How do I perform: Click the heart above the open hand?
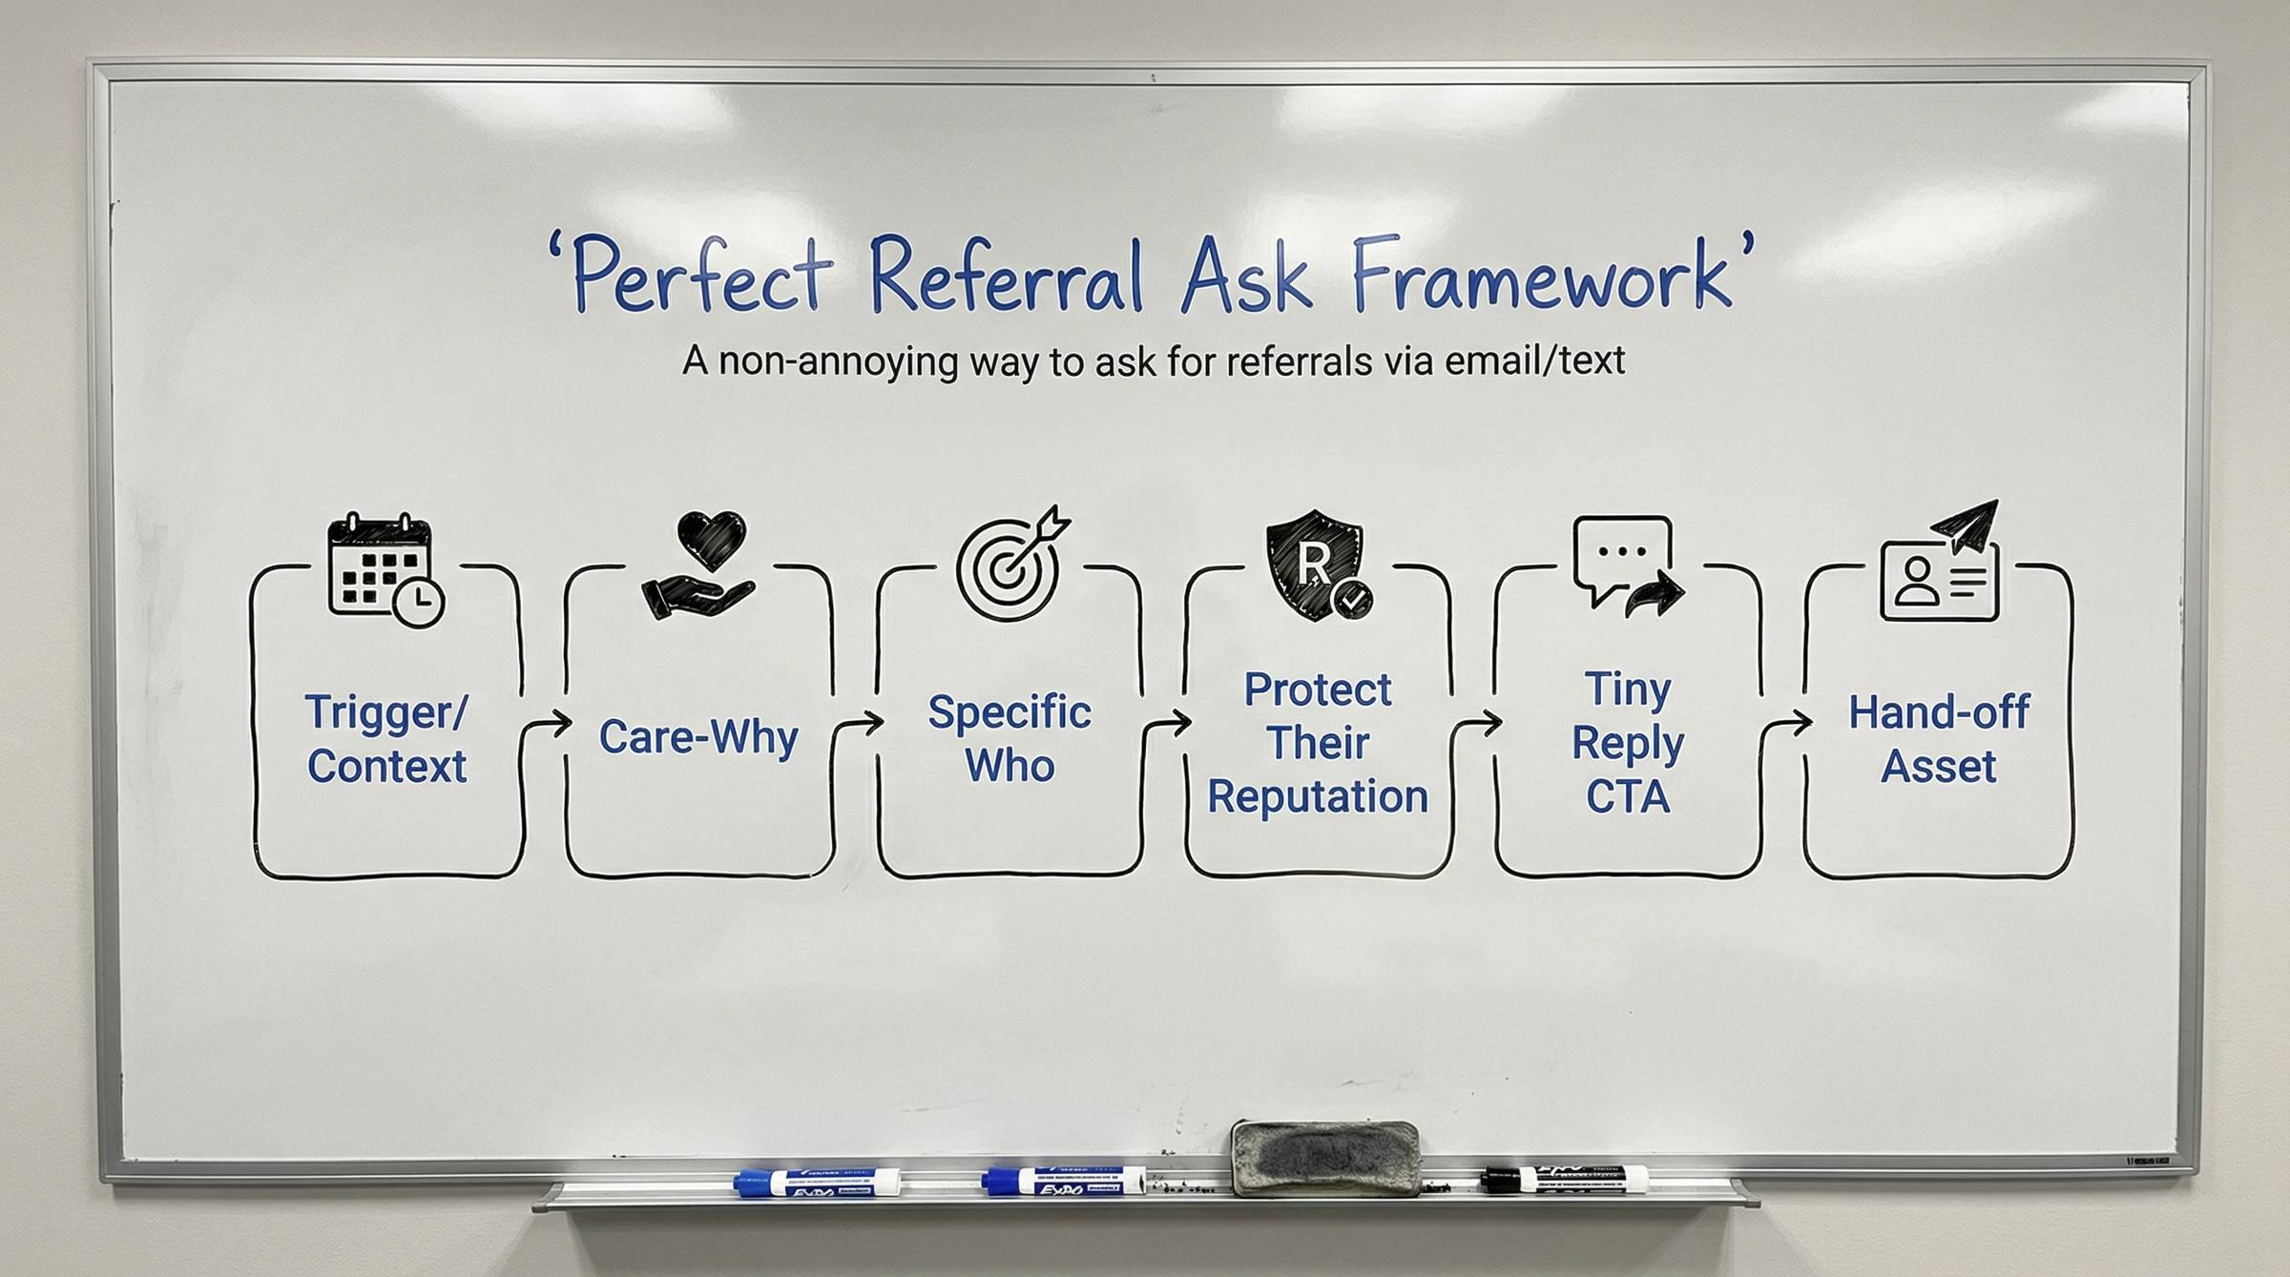(x=712, y=540)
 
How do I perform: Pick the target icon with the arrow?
(x=1012, y=563)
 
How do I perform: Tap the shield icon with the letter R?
(x=1318, y=565)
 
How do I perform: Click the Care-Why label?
(x=698, y=737)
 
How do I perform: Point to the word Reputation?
(x=1318, y=797)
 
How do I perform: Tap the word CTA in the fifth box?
(x=1628, y=797)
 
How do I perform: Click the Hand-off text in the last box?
(x=1939, y=711)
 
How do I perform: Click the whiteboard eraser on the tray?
(x=1325, y=1158)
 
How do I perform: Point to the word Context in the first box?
(x=386, y=767)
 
